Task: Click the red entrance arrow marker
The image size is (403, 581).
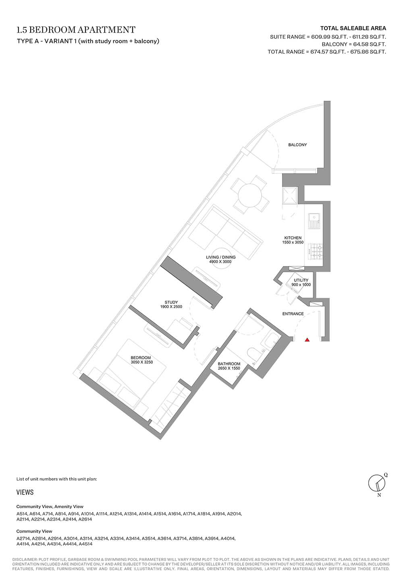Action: click(307, 339)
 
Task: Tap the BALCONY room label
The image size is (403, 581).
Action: click(297, 145)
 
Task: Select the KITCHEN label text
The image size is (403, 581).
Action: click(293, 237)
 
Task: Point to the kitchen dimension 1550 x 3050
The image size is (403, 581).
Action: click(293, 242)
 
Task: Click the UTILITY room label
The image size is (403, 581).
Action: click(301, 280)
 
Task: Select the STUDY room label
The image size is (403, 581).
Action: click(171, 302)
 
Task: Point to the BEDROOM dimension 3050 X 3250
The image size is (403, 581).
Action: click(141, 362)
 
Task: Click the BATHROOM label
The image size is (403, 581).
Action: click(229, 364)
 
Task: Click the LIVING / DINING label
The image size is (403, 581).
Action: click(221, 257)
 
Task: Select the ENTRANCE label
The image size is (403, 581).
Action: click(293, 314)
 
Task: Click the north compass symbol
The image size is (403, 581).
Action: click(377, 483)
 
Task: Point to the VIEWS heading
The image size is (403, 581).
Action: click(25, 492)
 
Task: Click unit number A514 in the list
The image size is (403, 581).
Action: click(21, 514)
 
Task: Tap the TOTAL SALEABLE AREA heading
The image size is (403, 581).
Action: click(353, 28)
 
